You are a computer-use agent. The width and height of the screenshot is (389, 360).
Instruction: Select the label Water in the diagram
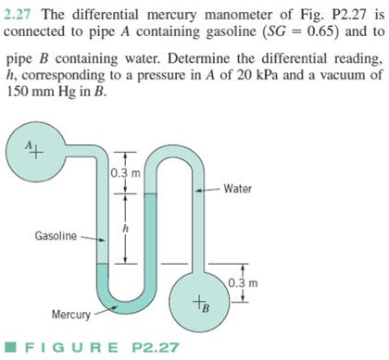238,188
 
